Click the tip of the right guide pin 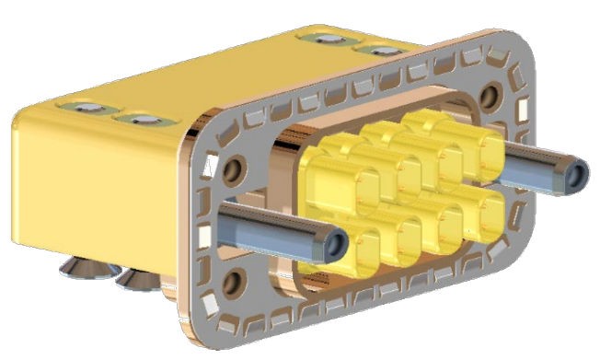(577, 174)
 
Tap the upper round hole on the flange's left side (233, 168)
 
